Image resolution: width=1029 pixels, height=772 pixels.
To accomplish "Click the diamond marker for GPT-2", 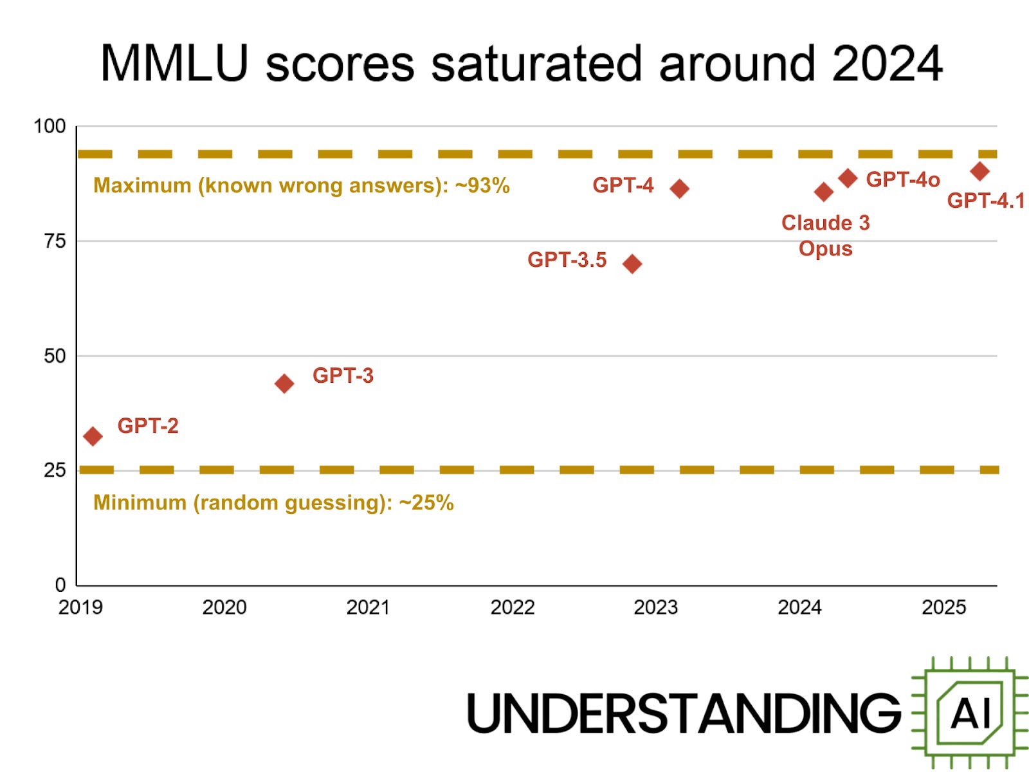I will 93,436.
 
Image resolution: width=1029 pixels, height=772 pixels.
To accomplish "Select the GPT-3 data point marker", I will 284,384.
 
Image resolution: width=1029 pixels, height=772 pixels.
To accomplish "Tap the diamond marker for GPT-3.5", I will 632,264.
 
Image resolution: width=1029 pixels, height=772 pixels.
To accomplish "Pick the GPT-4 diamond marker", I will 680,188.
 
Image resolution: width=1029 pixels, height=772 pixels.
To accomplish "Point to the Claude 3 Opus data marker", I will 824,192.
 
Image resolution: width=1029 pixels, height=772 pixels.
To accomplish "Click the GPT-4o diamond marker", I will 848,178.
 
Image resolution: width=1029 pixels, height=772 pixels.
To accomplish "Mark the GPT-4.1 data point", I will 979,172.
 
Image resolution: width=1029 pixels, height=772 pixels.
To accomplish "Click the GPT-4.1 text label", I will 985,201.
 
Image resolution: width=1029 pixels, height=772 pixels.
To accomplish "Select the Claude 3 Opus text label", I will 825,235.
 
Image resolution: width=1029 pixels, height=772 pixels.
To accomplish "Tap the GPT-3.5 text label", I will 567,260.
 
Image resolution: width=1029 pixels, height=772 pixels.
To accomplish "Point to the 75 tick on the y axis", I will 55,241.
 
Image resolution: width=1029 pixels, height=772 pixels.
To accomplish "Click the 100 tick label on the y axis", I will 50,126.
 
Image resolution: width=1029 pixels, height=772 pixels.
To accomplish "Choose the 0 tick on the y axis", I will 60,585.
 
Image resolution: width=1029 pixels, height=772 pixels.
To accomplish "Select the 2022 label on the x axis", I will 512,607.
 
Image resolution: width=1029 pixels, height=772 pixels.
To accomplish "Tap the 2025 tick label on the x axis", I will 943,607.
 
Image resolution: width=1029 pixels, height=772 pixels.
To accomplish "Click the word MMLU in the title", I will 174,64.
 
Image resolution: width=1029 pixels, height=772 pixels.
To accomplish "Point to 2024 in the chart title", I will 887,64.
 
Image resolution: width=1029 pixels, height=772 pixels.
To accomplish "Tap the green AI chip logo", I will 970,713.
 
